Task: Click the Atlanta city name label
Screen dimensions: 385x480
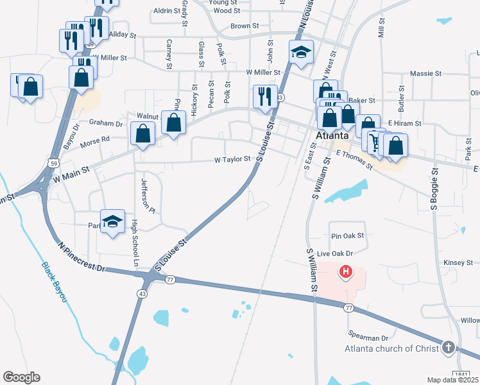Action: click(332, 135)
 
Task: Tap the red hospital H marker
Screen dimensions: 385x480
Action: click(346, 272)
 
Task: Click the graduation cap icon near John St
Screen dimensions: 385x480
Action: click(300, 52)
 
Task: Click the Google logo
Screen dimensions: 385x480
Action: click(21, 377)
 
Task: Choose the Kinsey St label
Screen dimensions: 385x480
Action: click(458, 262)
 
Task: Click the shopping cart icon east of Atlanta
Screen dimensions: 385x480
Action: click(374, 141)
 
